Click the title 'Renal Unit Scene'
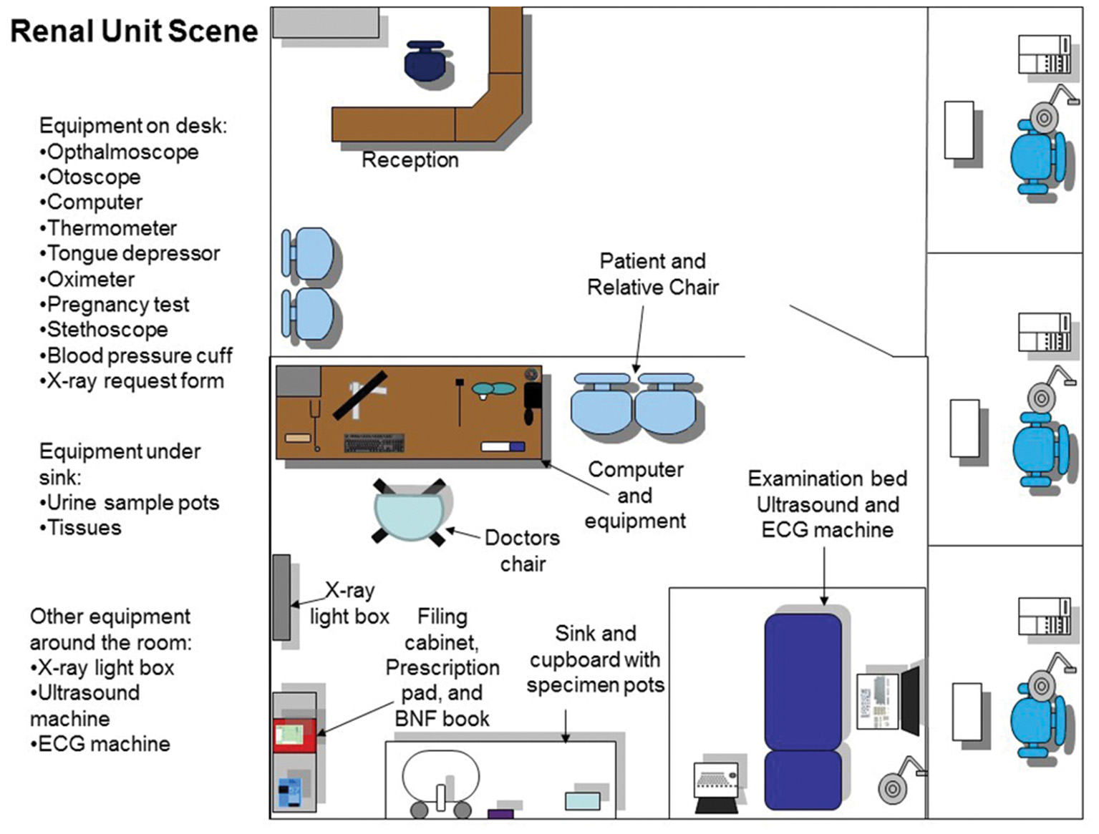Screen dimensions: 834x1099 click(x=134, y=31)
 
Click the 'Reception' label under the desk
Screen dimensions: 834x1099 click(x=410, y=160)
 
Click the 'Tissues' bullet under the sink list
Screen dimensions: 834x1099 click(x=82, y=528)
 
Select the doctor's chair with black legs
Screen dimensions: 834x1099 click(x=409, y=511)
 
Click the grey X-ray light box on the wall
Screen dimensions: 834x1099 click(x=281, y=597)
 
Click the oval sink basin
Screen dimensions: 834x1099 click(x=440, y=777)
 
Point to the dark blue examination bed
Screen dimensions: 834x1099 click(x=803, y=710)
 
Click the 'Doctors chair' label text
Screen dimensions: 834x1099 click(x=522, y=551)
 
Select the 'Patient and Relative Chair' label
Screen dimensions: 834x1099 click(x=652, y=274)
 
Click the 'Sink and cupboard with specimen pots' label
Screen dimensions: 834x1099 click(x=595, y=659)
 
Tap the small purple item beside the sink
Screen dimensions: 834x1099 click(x=500, y=813)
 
